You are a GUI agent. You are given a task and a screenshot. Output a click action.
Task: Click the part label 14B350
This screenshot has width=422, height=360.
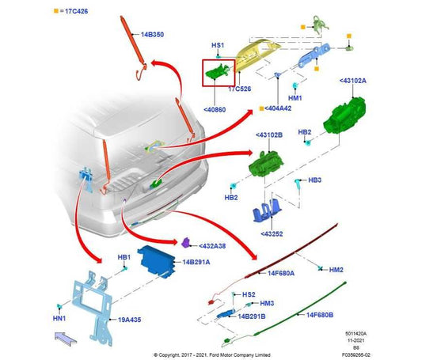(x=152, y=34)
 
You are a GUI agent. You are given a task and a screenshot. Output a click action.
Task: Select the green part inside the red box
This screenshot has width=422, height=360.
(x=218, y=71)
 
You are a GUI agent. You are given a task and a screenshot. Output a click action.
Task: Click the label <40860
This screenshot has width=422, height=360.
(x=215, y=110)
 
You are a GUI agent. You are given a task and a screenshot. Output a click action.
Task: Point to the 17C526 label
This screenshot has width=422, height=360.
(x=240, y=89)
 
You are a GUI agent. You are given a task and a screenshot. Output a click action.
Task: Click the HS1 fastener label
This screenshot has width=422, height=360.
(x=218, y=45)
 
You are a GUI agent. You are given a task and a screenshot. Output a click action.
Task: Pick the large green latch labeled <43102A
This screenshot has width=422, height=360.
(x=344, y=115)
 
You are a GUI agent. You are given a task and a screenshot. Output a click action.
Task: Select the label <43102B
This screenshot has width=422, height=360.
(x=269, y=135)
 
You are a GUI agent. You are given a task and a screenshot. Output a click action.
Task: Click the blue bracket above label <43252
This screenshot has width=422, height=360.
(x=267, y=210)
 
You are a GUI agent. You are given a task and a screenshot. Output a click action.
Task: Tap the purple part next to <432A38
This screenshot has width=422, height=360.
(x=186, y=243)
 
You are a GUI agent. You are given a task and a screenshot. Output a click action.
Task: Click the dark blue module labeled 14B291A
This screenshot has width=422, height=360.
(x=156, y=262)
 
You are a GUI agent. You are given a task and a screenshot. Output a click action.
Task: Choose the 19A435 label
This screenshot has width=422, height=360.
(x=130, y=320)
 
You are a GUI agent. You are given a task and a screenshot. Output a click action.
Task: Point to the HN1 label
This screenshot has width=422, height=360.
(x=59, y=319)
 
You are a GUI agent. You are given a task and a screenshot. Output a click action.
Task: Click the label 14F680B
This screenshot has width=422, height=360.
(x=320, y=315)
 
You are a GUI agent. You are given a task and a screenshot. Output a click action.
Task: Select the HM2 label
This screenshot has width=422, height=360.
(x=336, y=270)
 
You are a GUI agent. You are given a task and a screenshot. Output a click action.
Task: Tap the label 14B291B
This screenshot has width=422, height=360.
(x=252, y=316)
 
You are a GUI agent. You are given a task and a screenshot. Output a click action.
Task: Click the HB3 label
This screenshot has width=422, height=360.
(x=314, y=180)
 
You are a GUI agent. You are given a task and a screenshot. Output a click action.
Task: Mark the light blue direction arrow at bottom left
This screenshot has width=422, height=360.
(x=66, y=338)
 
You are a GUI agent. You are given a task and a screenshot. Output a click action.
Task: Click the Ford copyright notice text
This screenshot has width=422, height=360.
(x=212, y=355)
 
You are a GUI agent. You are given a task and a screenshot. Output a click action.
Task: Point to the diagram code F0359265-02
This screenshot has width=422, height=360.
(x=355, y=355)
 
